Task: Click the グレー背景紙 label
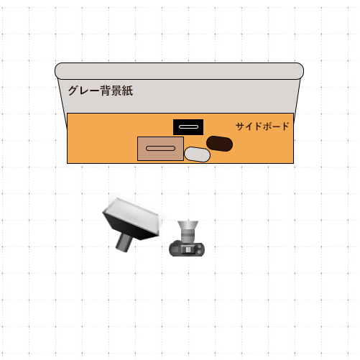coord(101,91)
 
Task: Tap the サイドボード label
coord(262,126)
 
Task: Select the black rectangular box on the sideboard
coord(188,127)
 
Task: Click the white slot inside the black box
coord(189,126)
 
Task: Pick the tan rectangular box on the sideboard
coord(160,149)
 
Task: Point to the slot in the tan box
coord(160,148)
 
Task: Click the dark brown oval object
coord(219,144)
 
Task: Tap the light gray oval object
coord(197,154)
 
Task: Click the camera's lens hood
coord(188,225)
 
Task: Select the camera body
coord(187,249)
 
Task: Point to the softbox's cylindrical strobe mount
coord(124,242)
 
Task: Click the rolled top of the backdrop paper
coord(179,71)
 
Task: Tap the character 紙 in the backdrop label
coord(127,91)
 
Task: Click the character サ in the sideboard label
coord(241,126)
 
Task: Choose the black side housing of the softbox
coord(129,226)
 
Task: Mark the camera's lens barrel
coord(188,236)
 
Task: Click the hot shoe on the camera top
coord(188,249)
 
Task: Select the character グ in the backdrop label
coord(73,91)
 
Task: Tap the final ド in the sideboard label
coord(285,126)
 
